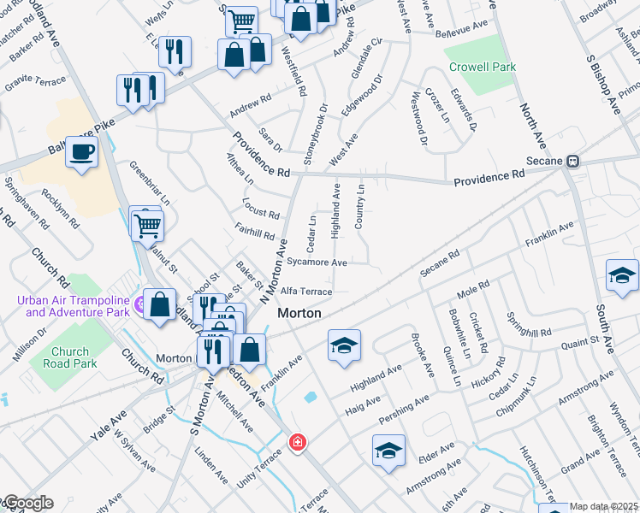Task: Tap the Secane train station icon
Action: click(574, 161)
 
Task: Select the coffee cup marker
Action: click(81, 153)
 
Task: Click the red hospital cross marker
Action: click(296, 442)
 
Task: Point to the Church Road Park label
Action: click(69, 357)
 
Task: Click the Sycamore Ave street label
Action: click(317, 262)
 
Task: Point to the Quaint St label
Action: click(580, 343)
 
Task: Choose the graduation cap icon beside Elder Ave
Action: click(388, 450)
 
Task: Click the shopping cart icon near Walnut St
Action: click(148, 226)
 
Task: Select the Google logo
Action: click(27, 503)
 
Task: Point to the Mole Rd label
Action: click(472, 289)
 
